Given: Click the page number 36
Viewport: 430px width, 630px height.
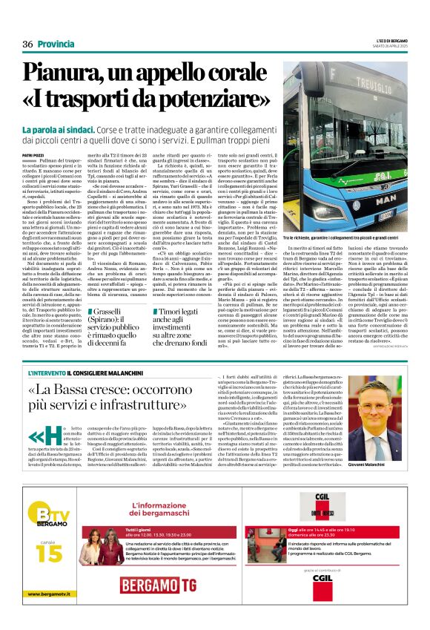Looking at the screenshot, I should coord(27,45).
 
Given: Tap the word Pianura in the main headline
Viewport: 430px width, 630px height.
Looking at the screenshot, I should coord(70,73).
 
